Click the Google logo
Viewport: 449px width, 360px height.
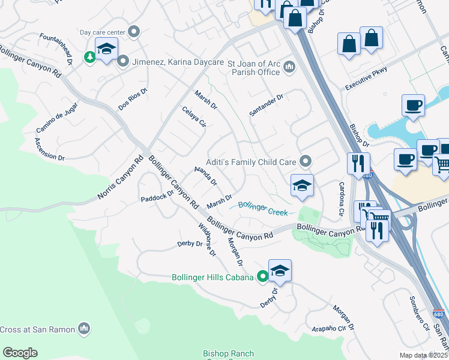coord(20,353)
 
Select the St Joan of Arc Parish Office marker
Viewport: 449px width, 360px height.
coord(289,66)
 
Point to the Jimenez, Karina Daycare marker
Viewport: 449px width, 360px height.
coord(124,61)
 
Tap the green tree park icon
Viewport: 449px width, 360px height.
coord(90,57)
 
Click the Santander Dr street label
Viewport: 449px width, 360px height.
coord(266,105)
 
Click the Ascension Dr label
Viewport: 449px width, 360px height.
coord(49,149)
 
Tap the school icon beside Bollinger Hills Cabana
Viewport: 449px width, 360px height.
coord(280,271)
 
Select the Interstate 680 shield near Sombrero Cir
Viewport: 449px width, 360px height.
coord(439,314)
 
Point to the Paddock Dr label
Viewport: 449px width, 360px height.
coord(157,196)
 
